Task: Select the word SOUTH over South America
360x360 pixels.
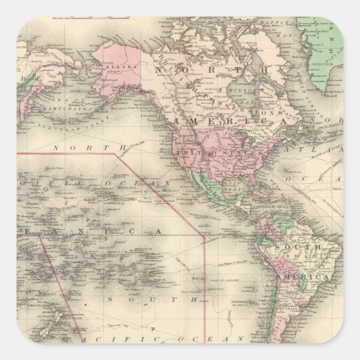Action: click(x=300, y=247)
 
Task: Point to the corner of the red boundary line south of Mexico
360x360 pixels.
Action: click(x=205, y=236)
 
